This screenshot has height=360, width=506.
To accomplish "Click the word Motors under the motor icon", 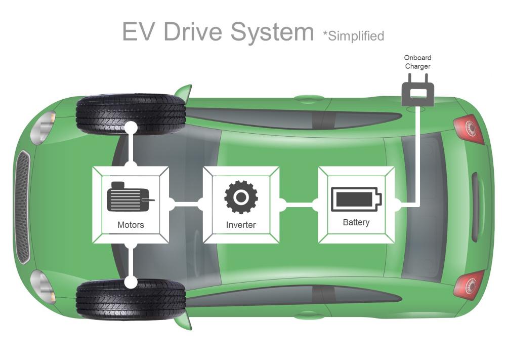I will coord(131,225).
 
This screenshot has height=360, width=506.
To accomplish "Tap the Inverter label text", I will coord(241,225).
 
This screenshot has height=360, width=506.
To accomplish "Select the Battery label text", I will coord(356,222).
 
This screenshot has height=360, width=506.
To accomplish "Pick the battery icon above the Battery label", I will coord(356,199).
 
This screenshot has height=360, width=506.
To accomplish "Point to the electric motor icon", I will coord(130,197).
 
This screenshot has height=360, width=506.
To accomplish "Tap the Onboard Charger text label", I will coord(417,62).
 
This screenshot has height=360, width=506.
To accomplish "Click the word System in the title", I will coord(272,31).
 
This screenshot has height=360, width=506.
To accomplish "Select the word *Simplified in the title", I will coord(354,36).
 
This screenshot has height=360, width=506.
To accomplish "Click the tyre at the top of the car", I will coord(131,112).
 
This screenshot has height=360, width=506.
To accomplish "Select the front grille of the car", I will coord(22,206).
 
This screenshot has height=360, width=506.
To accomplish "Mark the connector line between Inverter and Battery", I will coord(299,205).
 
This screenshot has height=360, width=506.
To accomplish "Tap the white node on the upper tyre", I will coord(131,127).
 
